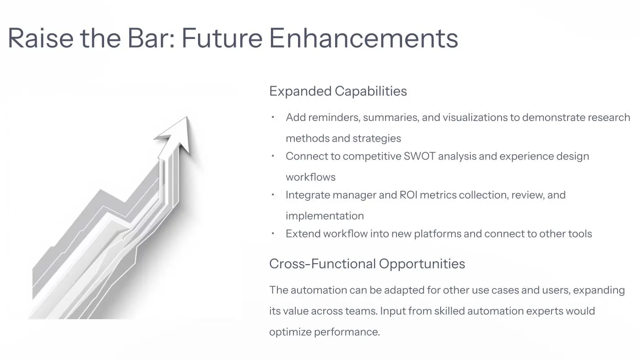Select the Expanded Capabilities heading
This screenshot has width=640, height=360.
pos(338,91)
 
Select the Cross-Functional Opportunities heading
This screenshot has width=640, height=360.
pos(367,264)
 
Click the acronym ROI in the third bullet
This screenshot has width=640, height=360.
pos(408,195)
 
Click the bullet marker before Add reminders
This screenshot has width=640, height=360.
pos(273,117)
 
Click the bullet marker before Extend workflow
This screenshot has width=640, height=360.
pos(273,233)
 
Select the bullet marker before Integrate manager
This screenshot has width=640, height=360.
pos(273,194)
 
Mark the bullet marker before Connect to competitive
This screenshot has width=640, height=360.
pos(273,155)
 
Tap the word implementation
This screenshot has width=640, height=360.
pos(325,216)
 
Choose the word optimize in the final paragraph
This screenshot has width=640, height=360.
pos(290,332)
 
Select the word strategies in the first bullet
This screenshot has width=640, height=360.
pos(378,138)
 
